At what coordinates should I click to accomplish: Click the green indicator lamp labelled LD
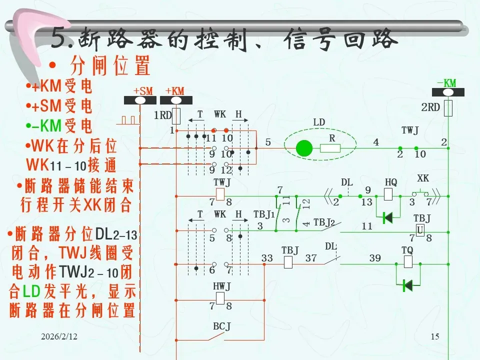(303, 148)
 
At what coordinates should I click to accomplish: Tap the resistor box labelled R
(330, 148)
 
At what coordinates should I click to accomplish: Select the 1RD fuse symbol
(175, 115)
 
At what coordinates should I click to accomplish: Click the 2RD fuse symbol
(448, 107)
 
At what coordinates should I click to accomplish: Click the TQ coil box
(407, 261)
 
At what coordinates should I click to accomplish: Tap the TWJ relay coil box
(220, 194)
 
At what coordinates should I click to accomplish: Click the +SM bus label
(142, 91)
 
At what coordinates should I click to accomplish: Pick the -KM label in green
(446, 83)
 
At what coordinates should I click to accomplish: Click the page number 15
(434, 337)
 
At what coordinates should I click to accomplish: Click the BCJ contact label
(221, 326)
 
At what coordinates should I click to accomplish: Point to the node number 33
(267, 258)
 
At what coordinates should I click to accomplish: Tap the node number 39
(375, 258)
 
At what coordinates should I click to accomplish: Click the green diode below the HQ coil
(387, 217)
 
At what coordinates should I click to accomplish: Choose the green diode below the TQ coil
(407, 285)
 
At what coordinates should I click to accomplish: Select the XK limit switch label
(422, 178)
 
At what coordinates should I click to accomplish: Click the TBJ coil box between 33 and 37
(288, 261)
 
